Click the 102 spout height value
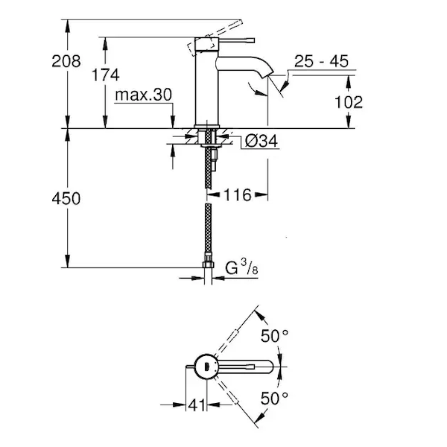point(349,101)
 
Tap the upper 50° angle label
point(275,336)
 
